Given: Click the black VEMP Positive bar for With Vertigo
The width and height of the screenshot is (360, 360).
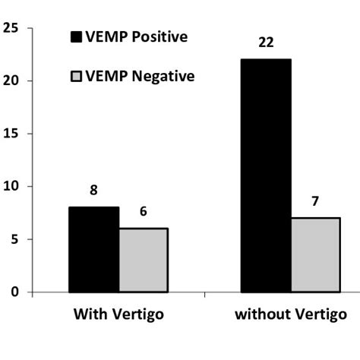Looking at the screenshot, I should click(94, 249).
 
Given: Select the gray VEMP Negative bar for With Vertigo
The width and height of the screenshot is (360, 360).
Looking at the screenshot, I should click(143, 260).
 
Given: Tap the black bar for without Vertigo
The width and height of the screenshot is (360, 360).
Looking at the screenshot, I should click(266, 175).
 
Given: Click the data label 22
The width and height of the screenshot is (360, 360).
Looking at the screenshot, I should click(266, 43).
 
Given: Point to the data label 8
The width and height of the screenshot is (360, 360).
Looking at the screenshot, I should click(94, 191).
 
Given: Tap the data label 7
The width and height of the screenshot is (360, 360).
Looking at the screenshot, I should click(315, 202).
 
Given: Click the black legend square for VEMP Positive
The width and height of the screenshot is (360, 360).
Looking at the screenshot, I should click(77, 36).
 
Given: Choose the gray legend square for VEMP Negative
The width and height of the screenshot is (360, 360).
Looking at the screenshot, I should click(77, 76).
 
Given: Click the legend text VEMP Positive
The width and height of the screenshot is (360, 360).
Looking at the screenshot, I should click(137, 36).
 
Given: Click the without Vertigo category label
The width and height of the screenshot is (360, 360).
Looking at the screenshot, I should click(290, 314).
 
